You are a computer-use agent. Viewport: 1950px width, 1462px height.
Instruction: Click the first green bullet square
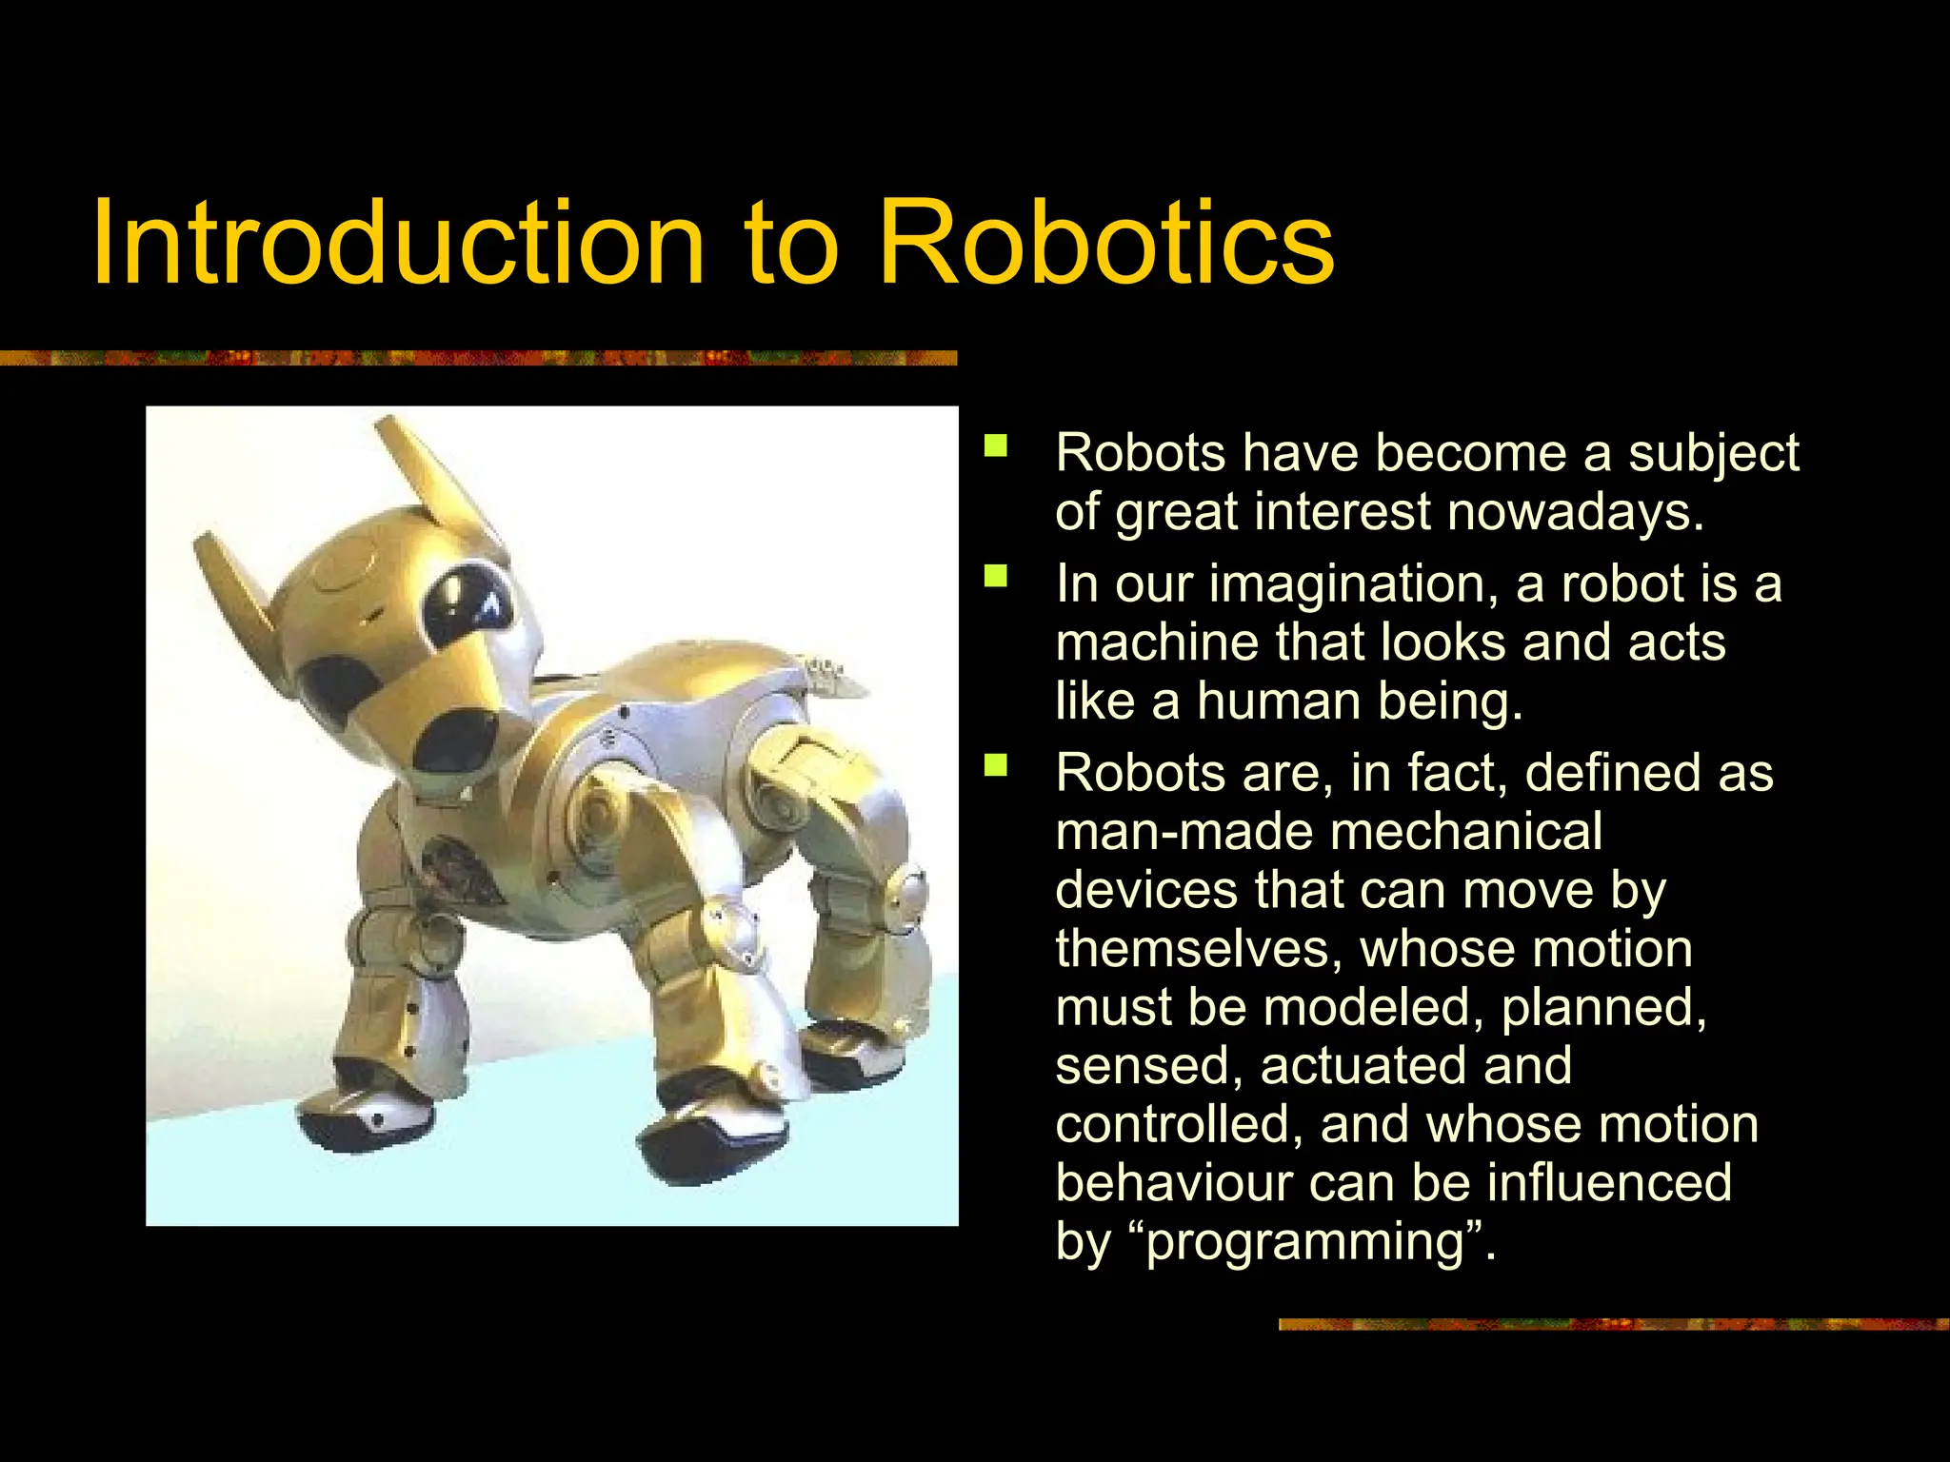pos(996,447)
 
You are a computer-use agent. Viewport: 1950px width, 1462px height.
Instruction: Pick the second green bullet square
pos(996,577)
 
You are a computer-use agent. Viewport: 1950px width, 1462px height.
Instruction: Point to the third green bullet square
pos(996,765)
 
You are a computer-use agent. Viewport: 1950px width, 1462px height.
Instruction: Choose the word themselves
pos(1199,949)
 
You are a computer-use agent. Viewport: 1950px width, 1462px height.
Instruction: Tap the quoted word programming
pos(1303,1242)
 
